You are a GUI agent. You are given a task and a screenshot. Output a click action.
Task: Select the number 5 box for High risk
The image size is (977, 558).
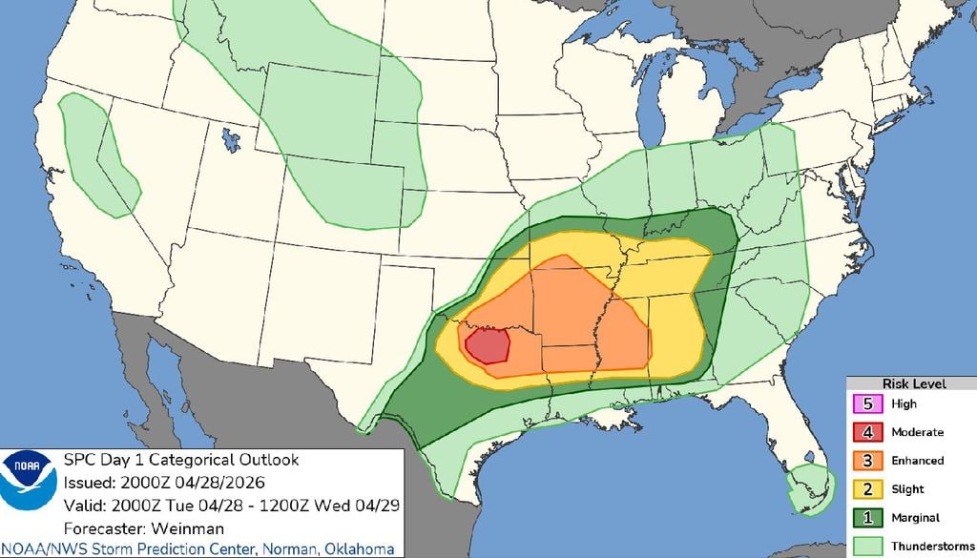click(x=868, y=403)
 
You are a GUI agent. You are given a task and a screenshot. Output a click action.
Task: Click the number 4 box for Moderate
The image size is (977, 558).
click(x=868, y=432)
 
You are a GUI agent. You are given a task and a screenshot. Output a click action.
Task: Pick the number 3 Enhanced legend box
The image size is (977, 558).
click(x=868, y=461)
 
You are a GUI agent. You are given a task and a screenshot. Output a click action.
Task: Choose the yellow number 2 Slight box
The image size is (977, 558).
click(x=868, y=489)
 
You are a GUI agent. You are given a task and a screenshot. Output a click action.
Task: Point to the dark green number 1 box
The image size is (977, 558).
click(x=868, y=518)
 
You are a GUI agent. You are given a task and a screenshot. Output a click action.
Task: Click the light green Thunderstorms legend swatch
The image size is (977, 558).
click(x=868, y=546)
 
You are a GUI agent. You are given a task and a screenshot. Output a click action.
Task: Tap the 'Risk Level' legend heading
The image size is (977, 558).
click(x=913, y=383)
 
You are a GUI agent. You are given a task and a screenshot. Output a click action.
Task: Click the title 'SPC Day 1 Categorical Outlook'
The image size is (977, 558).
click(x=180, y=460)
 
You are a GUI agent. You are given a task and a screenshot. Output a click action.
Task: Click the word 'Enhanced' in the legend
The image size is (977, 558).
click(x=918, y=461)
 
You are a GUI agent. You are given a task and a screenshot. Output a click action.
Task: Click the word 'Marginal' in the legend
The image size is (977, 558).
click(x=915, y=518)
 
